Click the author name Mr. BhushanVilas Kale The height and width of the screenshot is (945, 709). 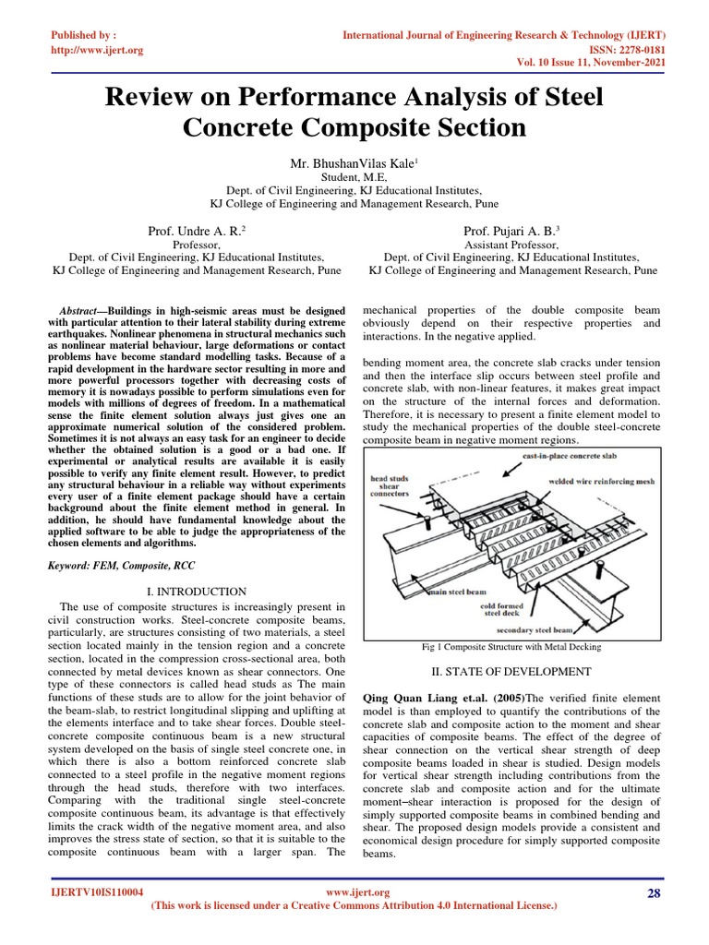tap(354, 163)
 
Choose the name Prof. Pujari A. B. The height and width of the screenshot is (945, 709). tap(512, 229)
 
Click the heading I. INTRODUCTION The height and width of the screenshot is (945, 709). tap(197, 592)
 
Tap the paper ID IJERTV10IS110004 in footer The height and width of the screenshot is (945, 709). tap(97, 893)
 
